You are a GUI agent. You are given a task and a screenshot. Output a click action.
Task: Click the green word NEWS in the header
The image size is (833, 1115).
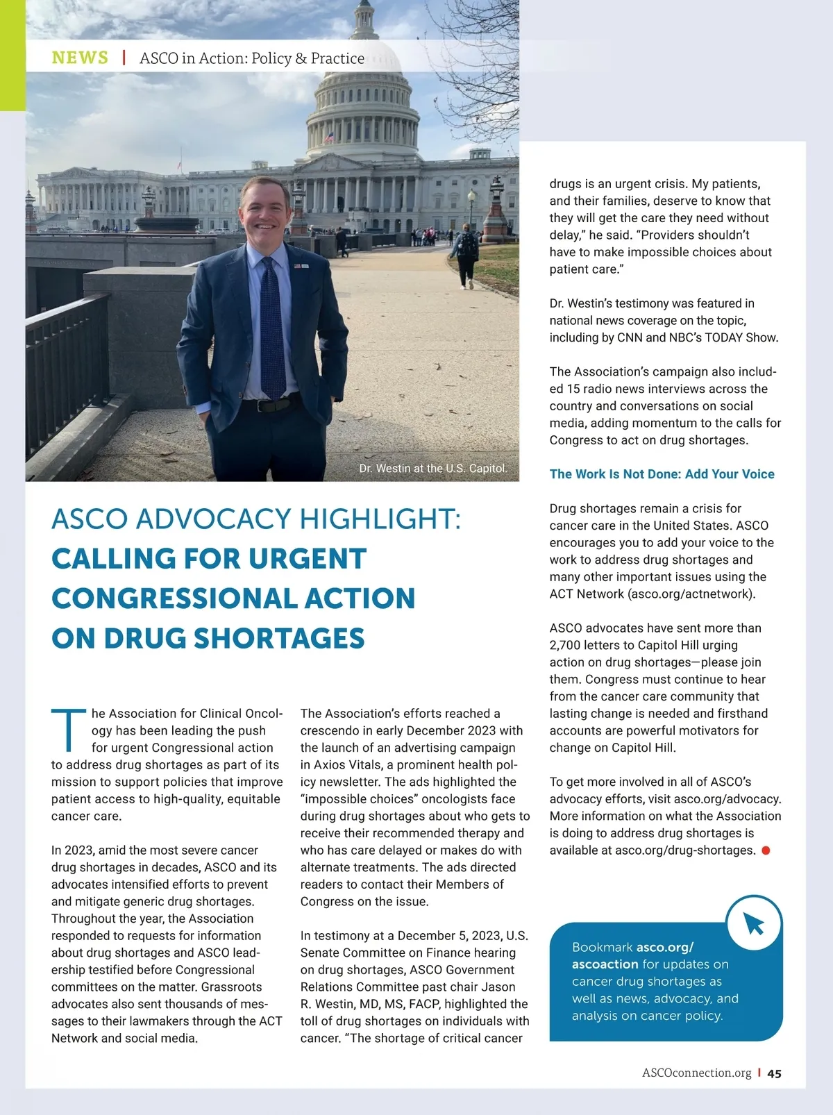(80, 58)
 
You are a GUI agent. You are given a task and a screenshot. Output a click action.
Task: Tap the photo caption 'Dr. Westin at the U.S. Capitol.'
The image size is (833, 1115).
(432, 469)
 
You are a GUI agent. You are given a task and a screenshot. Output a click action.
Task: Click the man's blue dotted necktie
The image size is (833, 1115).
(272, 326)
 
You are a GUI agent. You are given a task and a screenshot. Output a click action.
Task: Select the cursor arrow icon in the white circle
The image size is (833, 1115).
(754, 923)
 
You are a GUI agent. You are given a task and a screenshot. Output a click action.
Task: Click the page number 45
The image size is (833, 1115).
(775, 1073)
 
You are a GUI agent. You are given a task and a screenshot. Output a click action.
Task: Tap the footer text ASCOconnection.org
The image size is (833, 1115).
(696, 1073)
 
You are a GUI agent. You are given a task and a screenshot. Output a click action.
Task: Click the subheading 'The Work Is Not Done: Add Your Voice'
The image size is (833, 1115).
(662, 474)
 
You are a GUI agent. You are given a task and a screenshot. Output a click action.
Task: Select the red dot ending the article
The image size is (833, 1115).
(766, 850)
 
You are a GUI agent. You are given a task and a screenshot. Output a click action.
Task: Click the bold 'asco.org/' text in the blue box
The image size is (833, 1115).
(665, 947)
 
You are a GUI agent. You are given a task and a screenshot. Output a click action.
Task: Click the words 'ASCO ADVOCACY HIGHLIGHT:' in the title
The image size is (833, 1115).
(256, 519)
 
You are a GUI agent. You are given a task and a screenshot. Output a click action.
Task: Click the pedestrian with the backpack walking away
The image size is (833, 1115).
(466, 253)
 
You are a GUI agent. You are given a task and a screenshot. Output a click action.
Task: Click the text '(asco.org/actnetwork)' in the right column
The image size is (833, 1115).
(691, 594)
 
